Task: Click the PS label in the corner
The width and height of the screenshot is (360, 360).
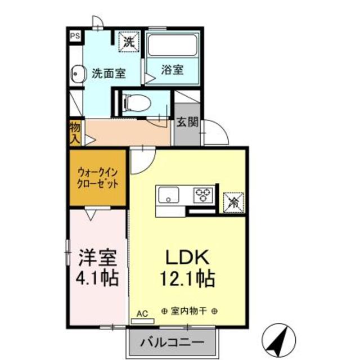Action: (x=75, y=36)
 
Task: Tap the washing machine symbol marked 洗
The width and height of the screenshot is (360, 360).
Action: (x=129, y=41)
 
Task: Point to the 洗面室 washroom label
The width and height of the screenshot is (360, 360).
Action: (x=108, y=73)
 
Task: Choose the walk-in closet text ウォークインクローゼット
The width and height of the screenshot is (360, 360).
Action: (x=97, y=178)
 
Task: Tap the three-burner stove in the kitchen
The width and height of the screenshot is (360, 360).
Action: (x=202, y=195)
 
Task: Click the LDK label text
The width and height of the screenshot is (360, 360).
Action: (x=187, y=258)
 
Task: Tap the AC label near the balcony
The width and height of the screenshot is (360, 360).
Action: (x=142, y=314)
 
